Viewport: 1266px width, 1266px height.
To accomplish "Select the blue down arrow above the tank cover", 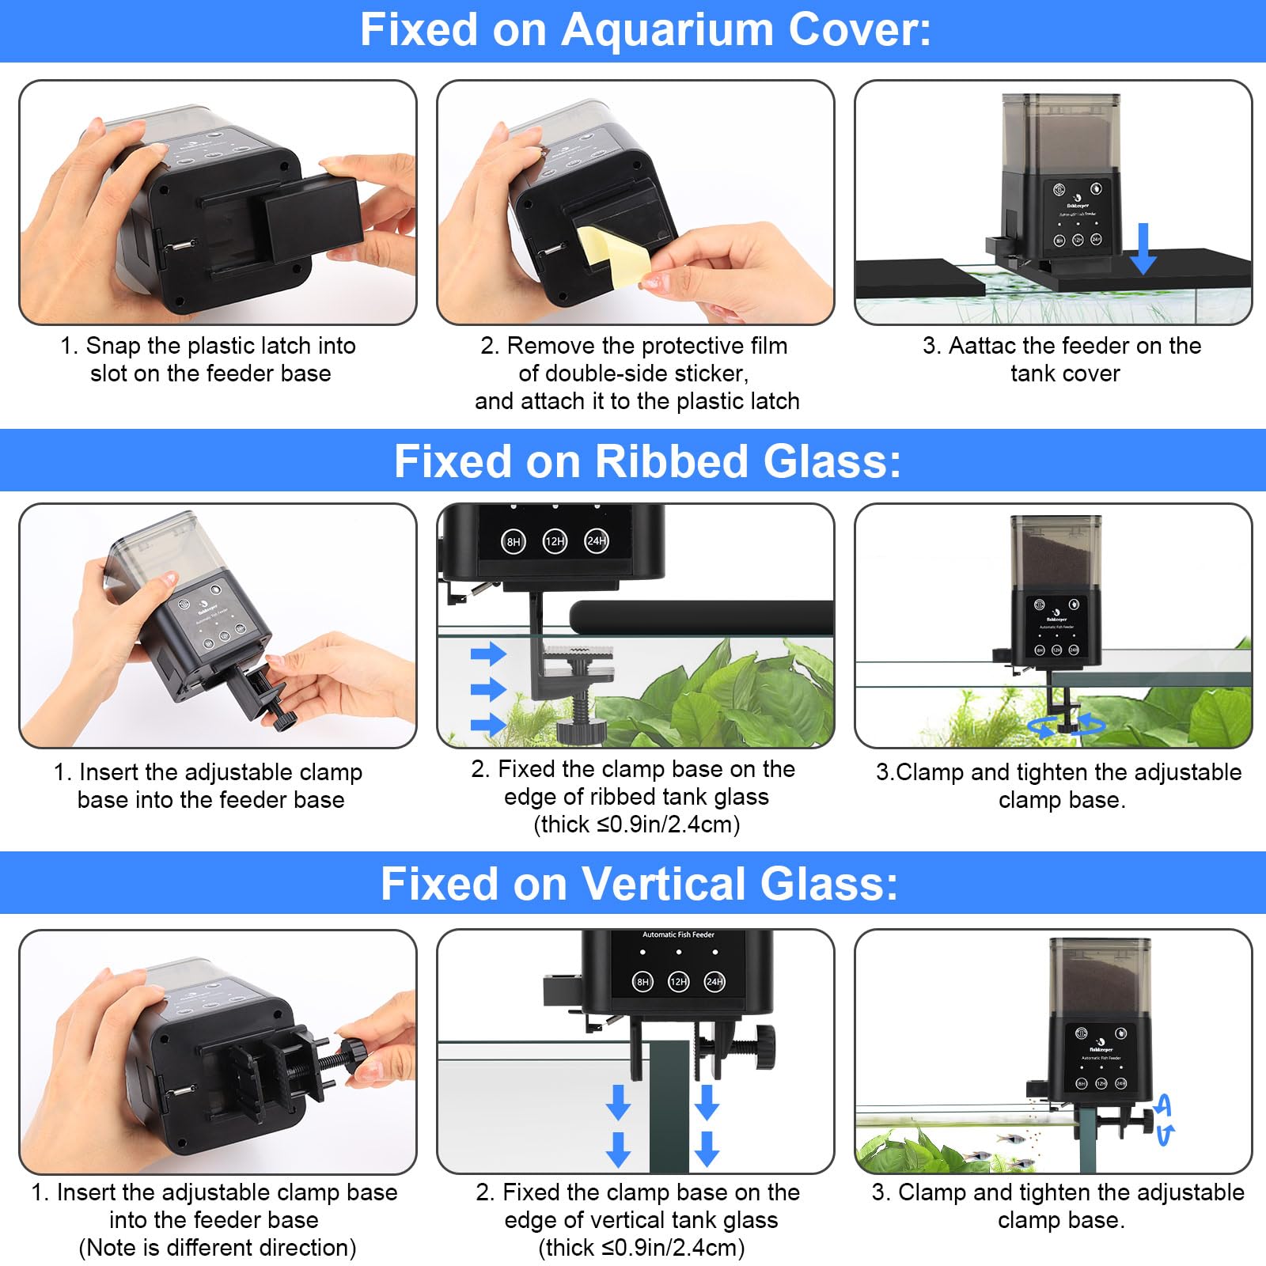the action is point(1143,248).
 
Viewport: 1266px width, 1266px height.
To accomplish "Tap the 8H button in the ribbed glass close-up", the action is point(514,542).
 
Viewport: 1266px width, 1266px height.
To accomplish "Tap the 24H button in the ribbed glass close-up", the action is point(597,541).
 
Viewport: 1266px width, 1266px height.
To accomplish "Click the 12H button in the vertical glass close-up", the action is point(679,982).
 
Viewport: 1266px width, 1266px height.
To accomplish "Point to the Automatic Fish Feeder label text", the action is point(678,934).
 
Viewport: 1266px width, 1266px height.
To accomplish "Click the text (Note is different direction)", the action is point(218,1248).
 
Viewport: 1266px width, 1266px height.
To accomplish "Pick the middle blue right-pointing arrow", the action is point(488,688).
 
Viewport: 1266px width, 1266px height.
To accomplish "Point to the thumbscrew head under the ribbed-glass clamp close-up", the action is point(582,730).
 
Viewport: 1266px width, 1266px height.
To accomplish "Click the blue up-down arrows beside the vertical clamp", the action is point(1165,1120).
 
